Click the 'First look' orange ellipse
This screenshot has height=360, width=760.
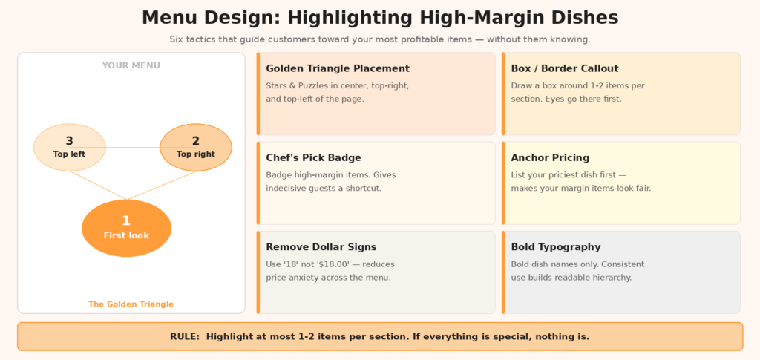[126, 228]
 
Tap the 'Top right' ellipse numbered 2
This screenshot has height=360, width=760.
[196, 147]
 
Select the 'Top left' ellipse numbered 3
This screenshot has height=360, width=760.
[69, 147]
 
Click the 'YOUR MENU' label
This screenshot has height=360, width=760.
[131, 65]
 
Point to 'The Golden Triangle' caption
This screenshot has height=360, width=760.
[131, 304]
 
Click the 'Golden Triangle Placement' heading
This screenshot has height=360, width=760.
[338, 69]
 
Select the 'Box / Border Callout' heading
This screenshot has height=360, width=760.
[565, 69]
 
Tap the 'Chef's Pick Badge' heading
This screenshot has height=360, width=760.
[314, 158]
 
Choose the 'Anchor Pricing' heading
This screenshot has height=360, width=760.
[550, 158]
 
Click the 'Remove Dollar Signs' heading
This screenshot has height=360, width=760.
[321, 247]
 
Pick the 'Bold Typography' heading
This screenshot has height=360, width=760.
[556, 247]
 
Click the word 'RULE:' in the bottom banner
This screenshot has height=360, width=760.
[185, 336]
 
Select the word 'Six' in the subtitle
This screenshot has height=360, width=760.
[175, 39]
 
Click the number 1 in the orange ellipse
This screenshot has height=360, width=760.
[126, 221]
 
